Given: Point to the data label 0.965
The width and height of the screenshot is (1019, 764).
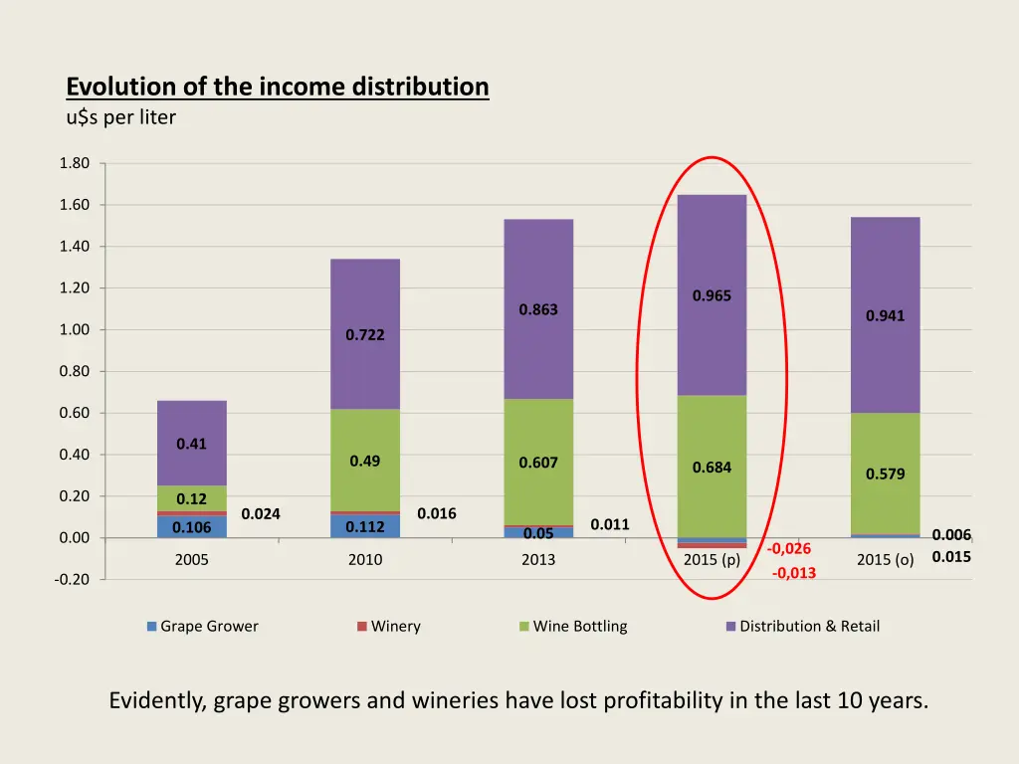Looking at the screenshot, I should pos(712,295).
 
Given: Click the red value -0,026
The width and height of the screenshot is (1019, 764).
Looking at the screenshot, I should pos(789,549).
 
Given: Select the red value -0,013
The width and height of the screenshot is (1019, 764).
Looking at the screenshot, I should pos(793,572).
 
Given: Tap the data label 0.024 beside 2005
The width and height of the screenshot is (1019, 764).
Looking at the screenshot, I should pos(261,514).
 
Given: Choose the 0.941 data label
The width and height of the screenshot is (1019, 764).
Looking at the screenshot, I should pos(885,316).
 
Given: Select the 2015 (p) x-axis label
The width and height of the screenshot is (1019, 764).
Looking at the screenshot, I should pos(712,559).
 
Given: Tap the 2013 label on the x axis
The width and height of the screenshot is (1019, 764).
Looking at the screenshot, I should pos(538,559).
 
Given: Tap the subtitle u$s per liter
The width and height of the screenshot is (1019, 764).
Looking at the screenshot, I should pos(120,117).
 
